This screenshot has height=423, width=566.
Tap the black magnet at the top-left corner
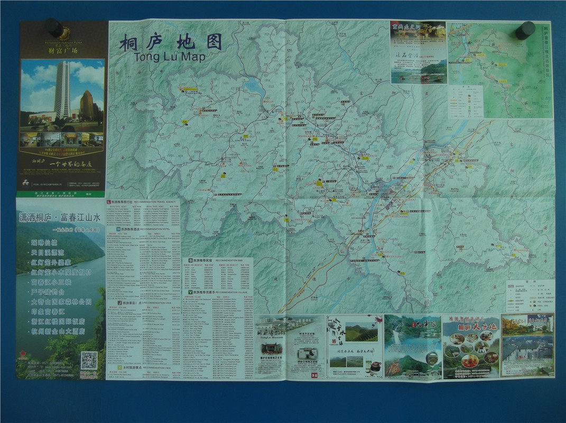coord(54,27)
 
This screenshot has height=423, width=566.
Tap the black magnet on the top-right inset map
coord(525,30)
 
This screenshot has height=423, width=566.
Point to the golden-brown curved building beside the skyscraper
coord(87,104)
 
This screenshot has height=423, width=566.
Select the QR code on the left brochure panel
coord(89,360)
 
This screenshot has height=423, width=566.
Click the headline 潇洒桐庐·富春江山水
coord(60,217)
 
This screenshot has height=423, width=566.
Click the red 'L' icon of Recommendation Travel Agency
coord(109,203)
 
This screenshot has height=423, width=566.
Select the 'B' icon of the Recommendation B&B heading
coord(190,261)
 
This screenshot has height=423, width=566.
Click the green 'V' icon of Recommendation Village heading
coord(185,291)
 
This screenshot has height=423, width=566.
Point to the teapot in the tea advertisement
coord(374,366)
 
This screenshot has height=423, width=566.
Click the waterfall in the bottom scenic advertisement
coord(396,337)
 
